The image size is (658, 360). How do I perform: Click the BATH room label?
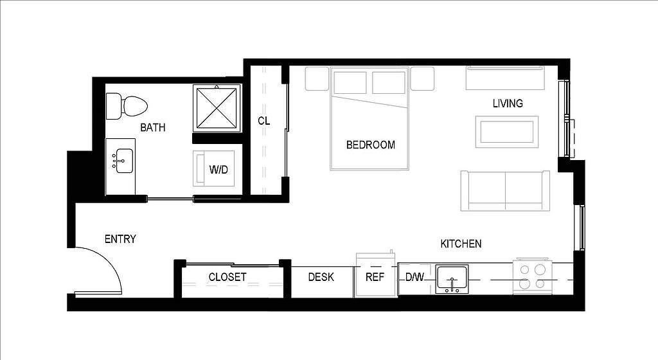[153, 127]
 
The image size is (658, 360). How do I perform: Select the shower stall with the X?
[217, 108]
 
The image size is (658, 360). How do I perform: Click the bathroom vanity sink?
[124, 161]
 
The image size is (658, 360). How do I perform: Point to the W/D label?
[218, 170]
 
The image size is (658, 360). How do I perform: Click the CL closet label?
[263, 121]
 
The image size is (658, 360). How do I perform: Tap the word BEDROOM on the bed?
[371, 145]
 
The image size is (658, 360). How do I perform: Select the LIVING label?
[508, 104]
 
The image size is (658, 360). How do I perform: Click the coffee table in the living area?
[507, 132]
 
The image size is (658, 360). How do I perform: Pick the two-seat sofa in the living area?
[505, 190]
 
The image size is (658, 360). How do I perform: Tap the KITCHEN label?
[461, 244]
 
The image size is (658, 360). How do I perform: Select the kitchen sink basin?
[452, 278]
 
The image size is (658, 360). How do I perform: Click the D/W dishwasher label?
[414, 277]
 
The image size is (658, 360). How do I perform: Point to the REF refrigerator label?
[375, 277]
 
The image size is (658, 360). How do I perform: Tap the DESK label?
[321, 277]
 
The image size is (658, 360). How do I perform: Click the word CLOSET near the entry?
[227, 277]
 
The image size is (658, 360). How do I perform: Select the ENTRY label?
[120, 239]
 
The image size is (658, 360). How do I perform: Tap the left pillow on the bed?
[350, 82]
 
